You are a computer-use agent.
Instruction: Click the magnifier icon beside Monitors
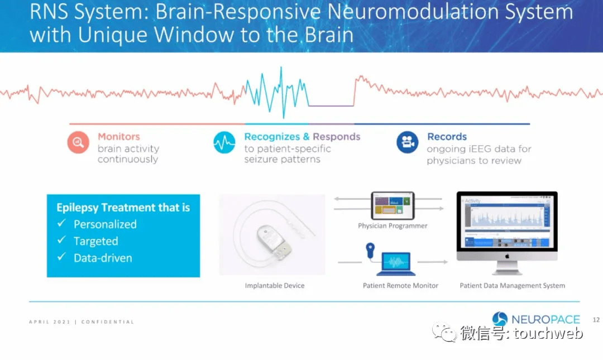coord(79,142)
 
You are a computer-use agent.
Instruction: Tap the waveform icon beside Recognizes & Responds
coord(224,142)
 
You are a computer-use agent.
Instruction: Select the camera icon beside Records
coord(408,142)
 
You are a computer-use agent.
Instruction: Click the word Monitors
coord(118,137)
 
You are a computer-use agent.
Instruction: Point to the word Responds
coord(336,137)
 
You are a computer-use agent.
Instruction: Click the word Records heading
coord(447,137)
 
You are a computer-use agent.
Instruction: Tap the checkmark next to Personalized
coord(62,224)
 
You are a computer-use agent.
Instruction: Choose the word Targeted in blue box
coord(95,241)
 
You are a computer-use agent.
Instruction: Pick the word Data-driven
coord(103,258)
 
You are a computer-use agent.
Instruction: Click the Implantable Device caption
coord(275,286)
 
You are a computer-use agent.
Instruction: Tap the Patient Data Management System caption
coord(512,286)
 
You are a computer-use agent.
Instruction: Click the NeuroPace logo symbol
coord(500,319)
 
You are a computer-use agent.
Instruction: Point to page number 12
coord(596,320)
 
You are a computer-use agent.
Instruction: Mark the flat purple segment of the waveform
coord(331,105)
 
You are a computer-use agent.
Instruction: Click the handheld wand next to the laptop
coord(370,251)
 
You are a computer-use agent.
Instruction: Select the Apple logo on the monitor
coord(506,255)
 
